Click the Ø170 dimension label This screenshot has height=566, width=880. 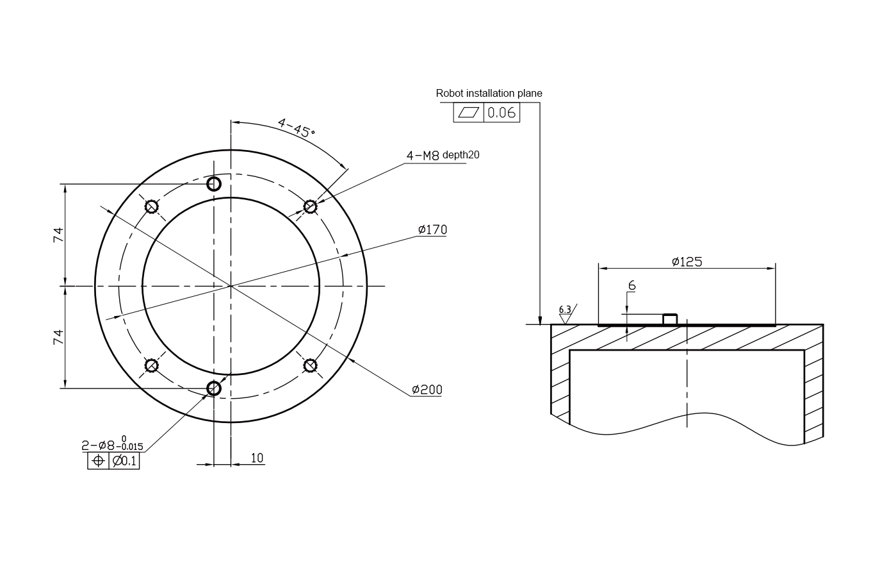pos(432,229)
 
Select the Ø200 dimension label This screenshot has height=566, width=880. pos(427,390)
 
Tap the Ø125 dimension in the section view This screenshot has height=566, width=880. pos(687,262)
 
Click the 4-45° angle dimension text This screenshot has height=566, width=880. pos(296,128)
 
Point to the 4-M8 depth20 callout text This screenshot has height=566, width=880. pos(443,155)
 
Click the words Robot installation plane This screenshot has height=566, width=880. pos(489,93)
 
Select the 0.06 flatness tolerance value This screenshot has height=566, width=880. pos(501,113)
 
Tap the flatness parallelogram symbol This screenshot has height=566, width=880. pos(469,112)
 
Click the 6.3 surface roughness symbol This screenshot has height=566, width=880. pos(566,313)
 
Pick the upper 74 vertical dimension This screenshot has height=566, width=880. pos(58,235)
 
